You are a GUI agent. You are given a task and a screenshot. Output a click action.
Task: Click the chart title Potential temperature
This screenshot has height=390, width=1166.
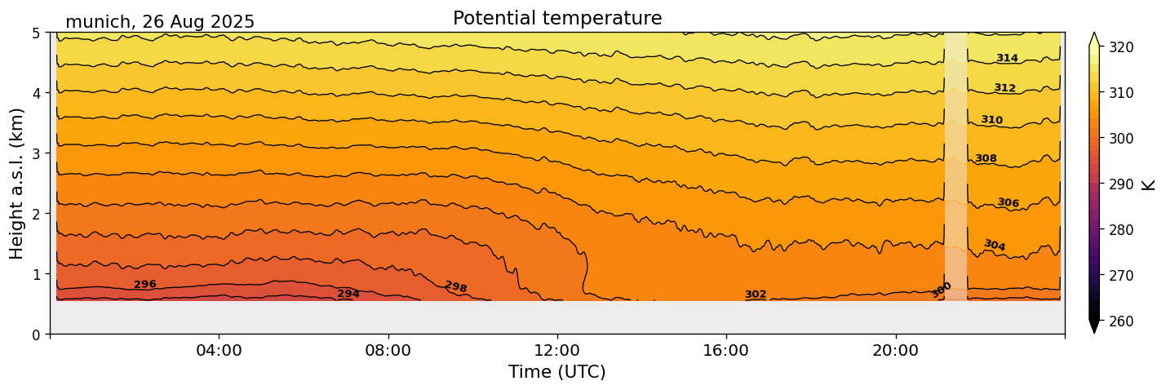(557, 18)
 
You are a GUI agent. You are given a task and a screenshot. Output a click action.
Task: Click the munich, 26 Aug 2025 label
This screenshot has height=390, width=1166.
(160, 22)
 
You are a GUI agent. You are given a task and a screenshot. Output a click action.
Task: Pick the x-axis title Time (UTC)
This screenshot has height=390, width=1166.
(557, 372)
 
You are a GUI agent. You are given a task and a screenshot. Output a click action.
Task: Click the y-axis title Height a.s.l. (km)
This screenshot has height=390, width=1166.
(18, 184)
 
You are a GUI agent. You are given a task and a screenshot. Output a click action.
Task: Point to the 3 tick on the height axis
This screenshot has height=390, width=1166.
(38, 153)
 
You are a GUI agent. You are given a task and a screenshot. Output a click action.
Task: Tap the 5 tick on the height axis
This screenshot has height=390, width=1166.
(38, 33)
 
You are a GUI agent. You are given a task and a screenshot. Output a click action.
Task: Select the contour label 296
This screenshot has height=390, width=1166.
(145, 284)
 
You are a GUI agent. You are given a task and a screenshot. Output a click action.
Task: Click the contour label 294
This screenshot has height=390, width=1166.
(348, 294)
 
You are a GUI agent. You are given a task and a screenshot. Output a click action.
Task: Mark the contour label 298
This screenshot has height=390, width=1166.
(455, 286)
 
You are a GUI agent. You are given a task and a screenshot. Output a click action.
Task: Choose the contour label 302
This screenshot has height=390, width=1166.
(756, 295)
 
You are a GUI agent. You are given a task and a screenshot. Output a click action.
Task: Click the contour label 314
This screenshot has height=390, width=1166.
(1007, 58)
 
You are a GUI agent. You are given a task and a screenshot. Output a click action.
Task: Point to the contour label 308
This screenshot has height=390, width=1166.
(986, 158)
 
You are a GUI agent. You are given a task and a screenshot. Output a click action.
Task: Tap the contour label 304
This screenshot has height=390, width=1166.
(995, 245)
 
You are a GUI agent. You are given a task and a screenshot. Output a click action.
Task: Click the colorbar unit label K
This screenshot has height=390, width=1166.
(1149, 184)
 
